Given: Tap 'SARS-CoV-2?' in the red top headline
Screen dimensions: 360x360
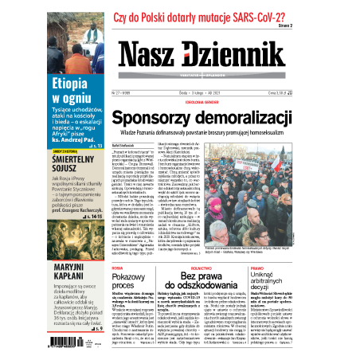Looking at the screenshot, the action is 260,14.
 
